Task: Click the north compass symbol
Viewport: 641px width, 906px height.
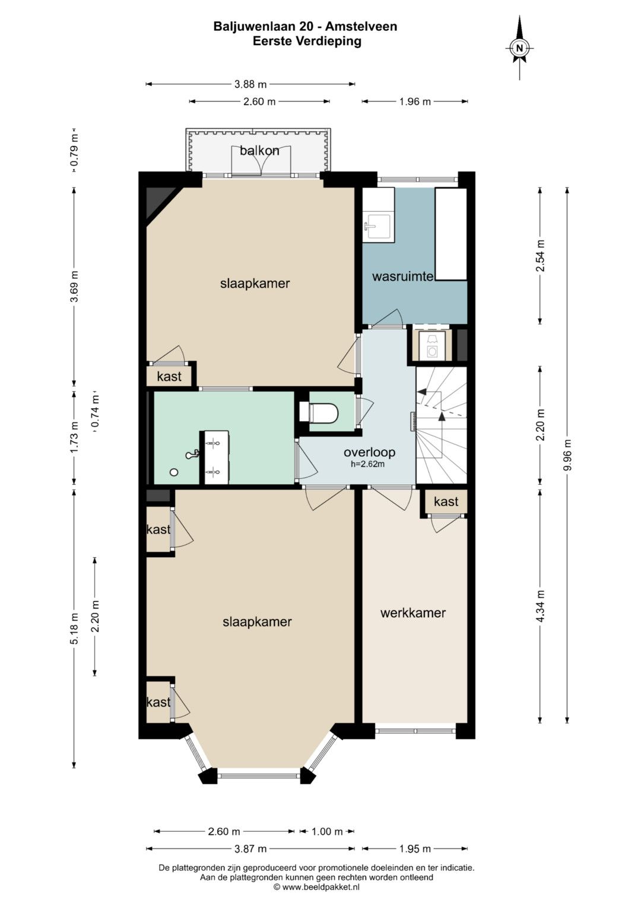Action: click(519, 47)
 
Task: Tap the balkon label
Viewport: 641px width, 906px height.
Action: click(259, 151)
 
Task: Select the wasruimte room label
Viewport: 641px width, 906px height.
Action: click(403, 276)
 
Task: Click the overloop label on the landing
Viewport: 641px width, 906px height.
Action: click(369, 452)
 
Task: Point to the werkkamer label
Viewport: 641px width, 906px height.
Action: click(412, 613)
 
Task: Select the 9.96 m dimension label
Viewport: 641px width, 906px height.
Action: click(568, 454)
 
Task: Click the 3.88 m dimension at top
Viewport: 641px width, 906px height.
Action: click(250, 84)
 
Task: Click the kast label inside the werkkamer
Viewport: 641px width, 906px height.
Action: click(446, 501)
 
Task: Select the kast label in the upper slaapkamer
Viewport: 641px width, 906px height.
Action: click(169, 376)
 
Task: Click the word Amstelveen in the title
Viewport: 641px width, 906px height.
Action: click(361, 27)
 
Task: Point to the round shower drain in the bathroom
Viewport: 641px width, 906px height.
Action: click(174, 472)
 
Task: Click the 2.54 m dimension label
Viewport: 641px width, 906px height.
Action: click(540, 256)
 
